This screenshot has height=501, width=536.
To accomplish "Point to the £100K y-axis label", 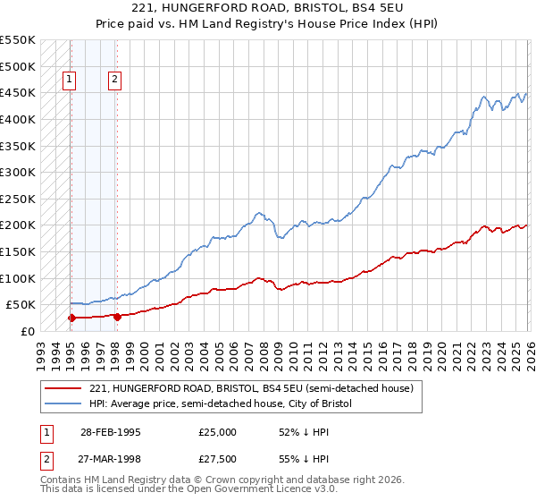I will coord(18,278).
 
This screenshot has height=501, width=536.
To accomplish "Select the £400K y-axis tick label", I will coord(18,119).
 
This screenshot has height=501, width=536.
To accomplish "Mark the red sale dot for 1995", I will coord(71,318).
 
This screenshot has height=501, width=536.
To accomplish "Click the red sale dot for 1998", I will coord(117,316).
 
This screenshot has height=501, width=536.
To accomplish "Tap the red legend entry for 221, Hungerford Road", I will coord(251,389).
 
